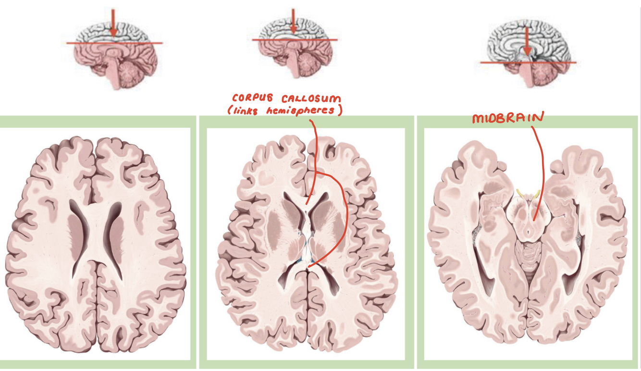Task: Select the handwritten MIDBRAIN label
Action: point(508,117)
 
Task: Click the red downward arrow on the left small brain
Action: point(113,22)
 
